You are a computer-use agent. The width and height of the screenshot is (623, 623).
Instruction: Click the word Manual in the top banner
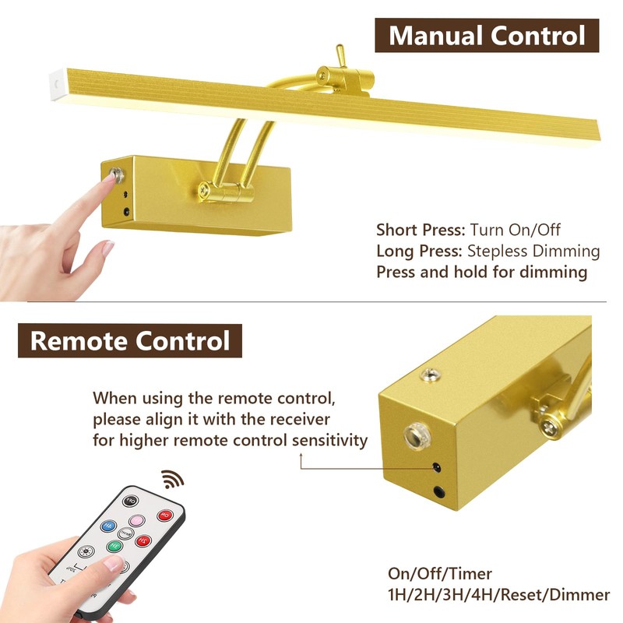436,36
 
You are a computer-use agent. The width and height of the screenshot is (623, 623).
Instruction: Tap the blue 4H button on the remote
108,526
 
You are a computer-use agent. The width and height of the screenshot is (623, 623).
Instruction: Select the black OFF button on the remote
130,501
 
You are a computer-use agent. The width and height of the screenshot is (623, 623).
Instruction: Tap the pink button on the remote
137,520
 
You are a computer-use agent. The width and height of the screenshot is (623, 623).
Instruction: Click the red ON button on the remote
165,516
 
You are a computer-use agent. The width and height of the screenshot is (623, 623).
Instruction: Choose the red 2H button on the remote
143,540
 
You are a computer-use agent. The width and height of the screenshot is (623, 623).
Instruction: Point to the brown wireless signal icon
172,479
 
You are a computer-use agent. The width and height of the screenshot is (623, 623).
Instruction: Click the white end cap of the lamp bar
58,85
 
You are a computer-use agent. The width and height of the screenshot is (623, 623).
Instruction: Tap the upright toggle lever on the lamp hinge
341,55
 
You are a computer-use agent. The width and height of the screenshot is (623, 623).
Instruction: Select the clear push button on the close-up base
417,436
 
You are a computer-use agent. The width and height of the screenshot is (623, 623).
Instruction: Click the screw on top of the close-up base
431,374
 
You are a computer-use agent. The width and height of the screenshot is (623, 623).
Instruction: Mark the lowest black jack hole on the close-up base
439,492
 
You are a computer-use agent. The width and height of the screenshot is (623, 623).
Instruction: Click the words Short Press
421,230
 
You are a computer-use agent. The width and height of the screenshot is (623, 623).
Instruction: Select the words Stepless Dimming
533,251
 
